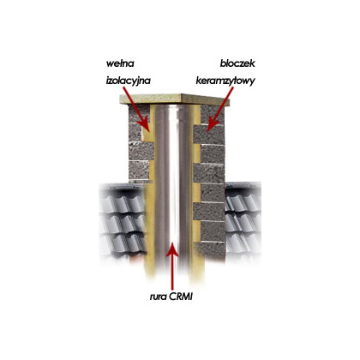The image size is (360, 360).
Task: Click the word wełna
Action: pyautogui.click(x=120, y=63)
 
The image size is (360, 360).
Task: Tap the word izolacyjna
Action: pyautogui.click(x=128, y=81)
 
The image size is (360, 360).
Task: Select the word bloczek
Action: pyautogui.click(x=237, y=63)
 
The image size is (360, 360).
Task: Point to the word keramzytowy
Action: pyautogui.click(x=225, y=81)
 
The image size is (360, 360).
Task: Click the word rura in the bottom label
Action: pyautogui.click(x=159, y=297)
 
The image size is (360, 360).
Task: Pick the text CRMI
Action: pyautogui.click(x=181, y=297)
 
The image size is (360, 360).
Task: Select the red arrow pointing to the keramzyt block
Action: pyautogui.click(x=220, y=109)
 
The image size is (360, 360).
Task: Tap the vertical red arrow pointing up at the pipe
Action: pyautogui.click(x=172, y=267)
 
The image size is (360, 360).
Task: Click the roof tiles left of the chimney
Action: pyautogui.click(x=123, y=220)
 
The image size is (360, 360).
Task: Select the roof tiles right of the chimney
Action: pyautogui.click(x=243, y=220)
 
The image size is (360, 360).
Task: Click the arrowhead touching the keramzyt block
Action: pyautogui.click(x=212, y=125)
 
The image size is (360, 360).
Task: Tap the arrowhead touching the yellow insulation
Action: pyautogui.click(x=144, y=125)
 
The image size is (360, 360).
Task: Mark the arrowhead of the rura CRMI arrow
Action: pyautogui.click(x=172, y=249)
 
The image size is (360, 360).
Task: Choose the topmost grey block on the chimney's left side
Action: pyautogui.click(x=139, y=114)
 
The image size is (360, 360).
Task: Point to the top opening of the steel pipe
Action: pyautogui.click(x=172, y=106)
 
